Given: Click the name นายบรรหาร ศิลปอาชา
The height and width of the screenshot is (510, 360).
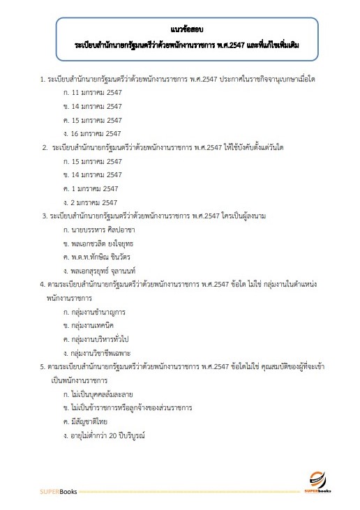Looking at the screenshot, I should tap(101, 229).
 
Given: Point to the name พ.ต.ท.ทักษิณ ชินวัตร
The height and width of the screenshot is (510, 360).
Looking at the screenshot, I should tap(101, 256).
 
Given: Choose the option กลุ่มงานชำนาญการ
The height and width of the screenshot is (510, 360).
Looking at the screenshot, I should tap(98, 311).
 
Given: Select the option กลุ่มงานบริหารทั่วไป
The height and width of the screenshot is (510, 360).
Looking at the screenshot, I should tap(100, 338).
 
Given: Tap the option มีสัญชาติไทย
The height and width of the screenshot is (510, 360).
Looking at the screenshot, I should tap(89, 421).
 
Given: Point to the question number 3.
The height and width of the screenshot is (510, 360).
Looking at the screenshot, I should tap(45, 216).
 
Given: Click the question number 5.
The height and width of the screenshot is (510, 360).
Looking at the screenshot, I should tap(42, 366).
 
